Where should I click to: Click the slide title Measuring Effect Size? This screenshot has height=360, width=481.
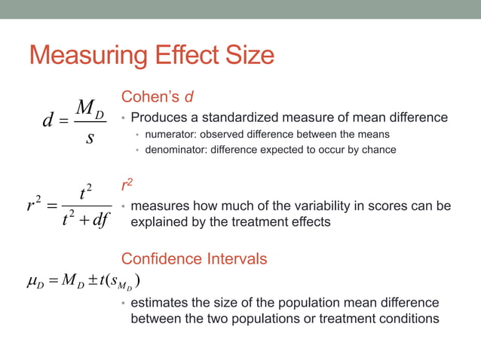pos(152,56)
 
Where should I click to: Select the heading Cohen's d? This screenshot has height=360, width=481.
pos(159,96)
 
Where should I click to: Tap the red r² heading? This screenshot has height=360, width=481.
pos(127,185)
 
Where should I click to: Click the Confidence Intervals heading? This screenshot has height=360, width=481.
pos(194,259)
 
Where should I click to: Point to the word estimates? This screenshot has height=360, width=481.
pos(159,303)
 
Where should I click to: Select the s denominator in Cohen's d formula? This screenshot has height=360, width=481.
pos(90,141)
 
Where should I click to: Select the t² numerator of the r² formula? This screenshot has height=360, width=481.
pos(85,193)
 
